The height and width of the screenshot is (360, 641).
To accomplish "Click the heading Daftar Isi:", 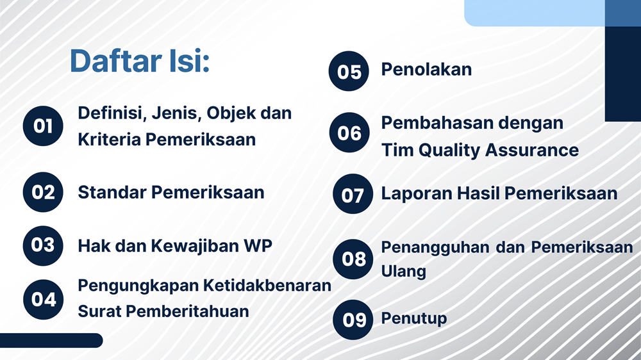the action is pyautogui.click(x=140, y=61).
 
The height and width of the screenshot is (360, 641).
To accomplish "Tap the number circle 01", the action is pyautogui.click(x=43, y=126).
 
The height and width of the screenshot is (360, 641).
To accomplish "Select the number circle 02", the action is pyautogui.click(x=43, y=192).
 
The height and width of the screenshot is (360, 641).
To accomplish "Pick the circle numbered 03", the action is pyautogui.click(x=43, y=245).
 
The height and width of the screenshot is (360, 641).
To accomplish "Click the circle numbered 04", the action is pyautogui.click(x=44, y=300).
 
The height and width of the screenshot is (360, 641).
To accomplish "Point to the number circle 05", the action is pyautogui.click(x=349, y=71).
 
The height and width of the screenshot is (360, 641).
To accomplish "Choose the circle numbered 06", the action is pyautogui.click(x=349, y=133).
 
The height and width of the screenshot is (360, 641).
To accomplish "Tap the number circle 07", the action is pyautogui.click(x=353, y=193).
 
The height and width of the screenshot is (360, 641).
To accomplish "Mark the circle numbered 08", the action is pyautogui.click(x=353, y=259).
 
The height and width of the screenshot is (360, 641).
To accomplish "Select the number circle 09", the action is pyautogui.click(x=353, y=320).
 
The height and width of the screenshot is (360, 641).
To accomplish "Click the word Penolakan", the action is pyautogui.click(x=426, y=69).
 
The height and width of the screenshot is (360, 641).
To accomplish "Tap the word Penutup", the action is pyautogui.click(x=414, y=319).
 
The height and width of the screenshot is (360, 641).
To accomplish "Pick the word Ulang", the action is pyautogui.click(x=403, y=272).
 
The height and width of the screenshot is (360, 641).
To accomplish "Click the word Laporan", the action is pyautogui.click(x=417, y=194).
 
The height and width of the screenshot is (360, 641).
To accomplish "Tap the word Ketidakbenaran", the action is pyautogui.click(x=267, y=286).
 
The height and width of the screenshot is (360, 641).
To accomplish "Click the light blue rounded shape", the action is pyautogui.click(x=535, y=13).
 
